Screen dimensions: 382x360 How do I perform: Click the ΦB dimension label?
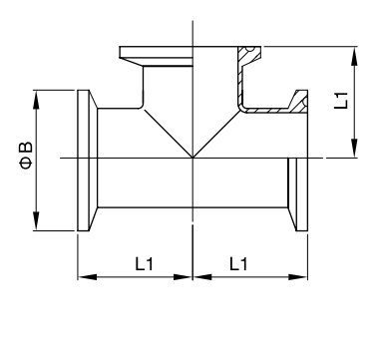click(27, 156)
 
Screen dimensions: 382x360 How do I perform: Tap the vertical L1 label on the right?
click(341, 100)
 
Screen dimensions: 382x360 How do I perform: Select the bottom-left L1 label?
click(144, 263)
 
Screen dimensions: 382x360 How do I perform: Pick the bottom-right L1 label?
click(238, 263)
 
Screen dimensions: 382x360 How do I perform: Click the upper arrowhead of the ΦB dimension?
click(36, 100)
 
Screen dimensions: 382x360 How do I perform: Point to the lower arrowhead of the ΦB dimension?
click(36, 220)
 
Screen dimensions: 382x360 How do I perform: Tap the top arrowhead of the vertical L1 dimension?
click(355, 57)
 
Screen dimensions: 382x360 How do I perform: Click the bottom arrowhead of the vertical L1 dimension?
click(355, 148)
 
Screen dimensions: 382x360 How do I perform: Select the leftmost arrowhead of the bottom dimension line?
click(88, 277)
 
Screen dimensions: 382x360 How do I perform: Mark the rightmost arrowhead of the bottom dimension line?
click(298, 277)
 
